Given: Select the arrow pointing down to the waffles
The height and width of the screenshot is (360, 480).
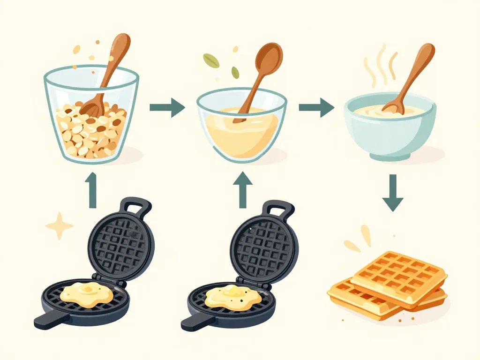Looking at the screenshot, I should coord(393,193).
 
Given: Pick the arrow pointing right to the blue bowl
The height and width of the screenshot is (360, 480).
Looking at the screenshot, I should coord(316,107).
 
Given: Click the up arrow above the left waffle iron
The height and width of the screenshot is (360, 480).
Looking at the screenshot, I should coord(92,189).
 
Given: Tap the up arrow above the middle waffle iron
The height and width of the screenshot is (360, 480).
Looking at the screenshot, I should coord(242,191).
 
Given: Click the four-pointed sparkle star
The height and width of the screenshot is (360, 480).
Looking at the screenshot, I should coord(60,226).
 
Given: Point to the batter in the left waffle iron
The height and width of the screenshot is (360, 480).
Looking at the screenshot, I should coord(91,294).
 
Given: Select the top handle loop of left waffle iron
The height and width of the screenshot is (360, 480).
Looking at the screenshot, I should coord(136,206).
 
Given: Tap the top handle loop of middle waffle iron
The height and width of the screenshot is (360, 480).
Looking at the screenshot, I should coord(279,210).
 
